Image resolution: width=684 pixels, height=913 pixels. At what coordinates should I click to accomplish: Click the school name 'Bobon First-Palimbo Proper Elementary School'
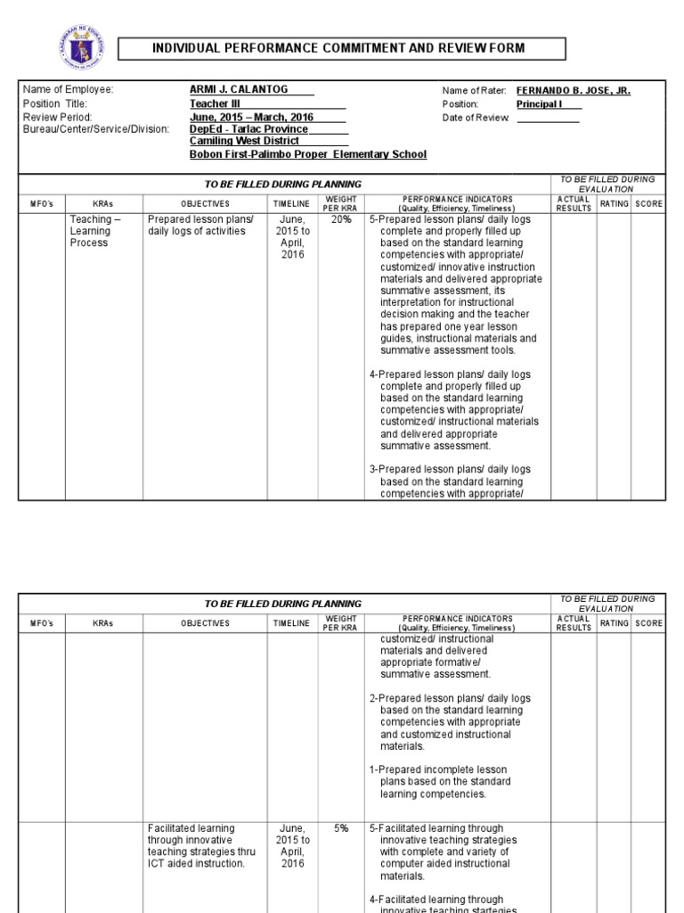coord(308,154)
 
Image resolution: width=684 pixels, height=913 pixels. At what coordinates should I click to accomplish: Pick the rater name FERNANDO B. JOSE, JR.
coord(574,91)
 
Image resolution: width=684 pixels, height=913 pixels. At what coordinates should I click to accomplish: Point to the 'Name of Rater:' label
coord(474,91)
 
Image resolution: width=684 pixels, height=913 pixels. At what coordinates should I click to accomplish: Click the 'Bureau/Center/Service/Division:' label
coord(95,129)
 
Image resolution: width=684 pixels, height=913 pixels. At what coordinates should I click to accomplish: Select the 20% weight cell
coord(341,219)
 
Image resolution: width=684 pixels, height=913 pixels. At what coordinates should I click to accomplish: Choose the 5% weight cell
coord(341,828)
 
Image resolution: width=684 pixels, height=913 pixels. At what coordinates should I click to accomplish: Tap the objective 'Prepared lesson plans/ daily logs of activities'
coord(200,226)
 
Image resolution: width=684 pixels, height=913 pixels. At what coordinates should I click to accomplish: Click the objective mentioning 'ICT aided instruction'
coord(200,845)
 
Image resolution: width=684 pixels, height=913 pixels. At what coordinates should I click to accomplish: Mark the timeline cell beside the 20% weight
coord(293,236)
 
